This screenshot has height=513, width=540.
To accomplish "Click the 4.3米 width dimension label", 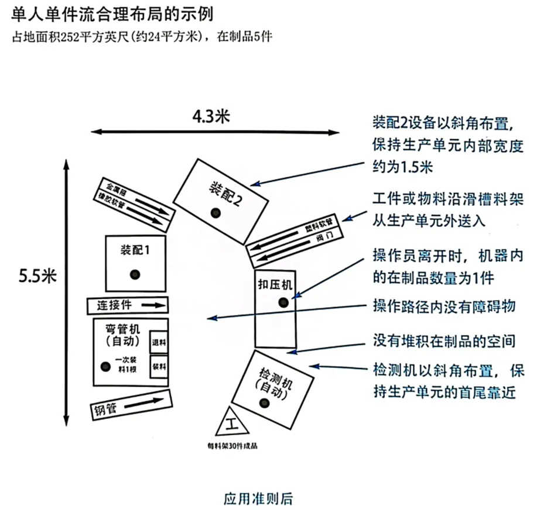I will click(x=211, y=116).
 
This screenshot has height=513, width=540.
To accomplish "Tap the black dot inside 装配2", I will click(x=216, y=212).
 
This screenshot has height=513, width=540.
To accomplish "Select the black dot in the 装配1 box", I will click(x=135, y=273).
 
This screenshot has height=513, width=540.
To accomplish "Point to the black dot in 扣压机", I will click(x=283, y=302).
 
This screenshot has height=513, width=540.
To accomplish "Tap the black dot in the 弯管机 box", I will click(x=105, y=367).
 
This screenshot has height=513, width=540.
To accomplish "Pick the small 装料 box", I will click(x=159, y=367).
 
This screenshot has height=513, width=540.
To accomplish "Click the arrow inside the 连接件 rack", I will click(x=153, y=305).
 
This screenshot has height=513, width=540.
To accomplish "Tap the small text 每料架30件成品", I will click(x=232, y=445).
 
